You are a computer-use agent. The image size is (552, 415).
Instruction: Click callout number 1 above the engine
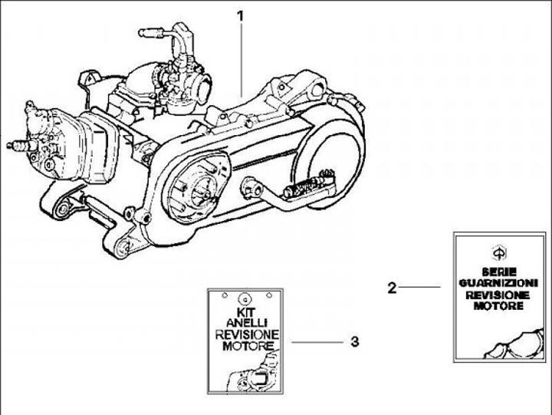241,17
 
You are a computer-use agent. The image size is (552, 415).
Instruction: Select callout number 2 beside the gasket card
392,288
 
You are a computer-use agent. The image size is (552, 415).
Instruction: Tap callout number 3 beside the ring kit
355,341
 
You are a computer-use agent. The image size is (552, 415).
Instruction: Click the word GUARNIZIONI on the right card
498,283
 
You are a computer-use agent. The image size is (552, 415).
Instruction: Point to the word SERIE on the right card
499,272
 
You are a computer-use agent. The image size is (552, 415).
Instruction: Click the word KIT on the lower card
246,312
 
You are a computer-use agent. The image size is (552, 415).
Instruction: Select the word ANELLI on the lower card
247,322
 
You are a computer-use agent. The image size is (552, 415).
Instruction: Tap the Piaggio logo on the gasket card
499,253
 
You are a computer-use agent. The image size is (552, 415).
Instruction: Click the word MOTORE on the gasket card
498,306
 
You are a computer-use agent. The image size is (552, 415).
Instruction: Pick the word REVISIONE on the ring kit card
247,334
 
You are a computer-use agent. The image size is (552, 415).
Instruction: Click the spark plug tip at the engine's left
11,145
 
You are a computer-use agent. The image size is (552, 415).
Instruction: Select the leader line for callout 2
419,287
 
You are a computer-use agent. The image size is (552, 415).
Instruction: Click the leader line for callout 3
317,341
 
